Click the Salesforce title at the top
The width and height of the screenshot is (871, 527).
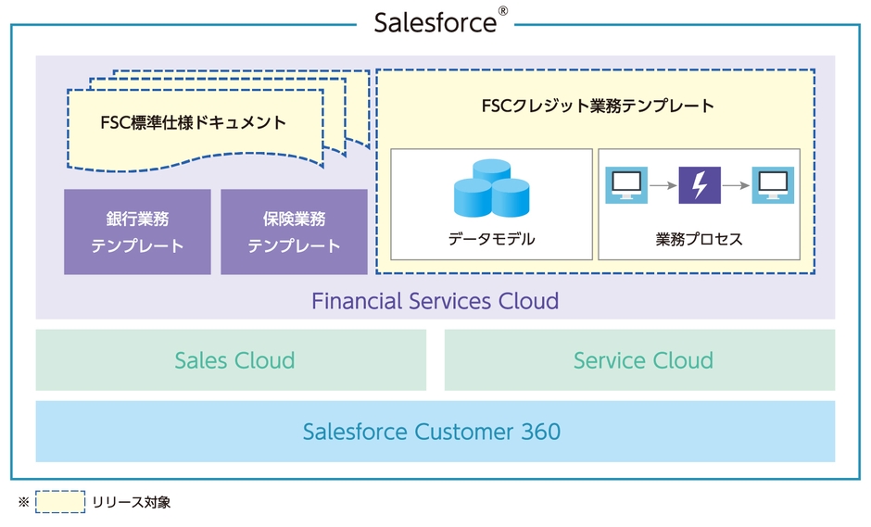435,22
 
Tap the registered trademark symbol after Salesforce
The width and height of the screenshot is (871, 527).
503,11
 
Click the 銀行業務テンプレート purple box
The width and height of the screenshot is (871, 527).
137,232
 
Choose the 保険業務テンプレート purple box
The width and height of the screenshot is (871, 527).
294,232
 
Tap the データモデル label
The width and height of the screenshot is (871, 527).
491,239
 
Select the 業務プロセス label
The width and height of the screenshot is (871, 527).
699,239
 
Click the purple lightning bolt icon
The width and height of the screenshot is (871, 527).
700,185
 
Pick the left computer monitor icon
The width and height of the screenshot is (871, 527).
626,185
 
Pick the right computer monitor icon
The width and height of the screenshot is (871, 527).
772,185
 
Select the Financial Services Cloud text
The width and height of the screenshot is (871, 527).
435,301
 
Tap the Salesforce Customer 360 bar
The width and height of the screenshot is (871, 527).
435,432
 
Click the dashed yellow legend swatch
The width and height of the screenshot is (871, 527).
60,502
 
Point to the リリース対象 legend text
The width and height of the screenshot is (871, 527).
131,502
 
